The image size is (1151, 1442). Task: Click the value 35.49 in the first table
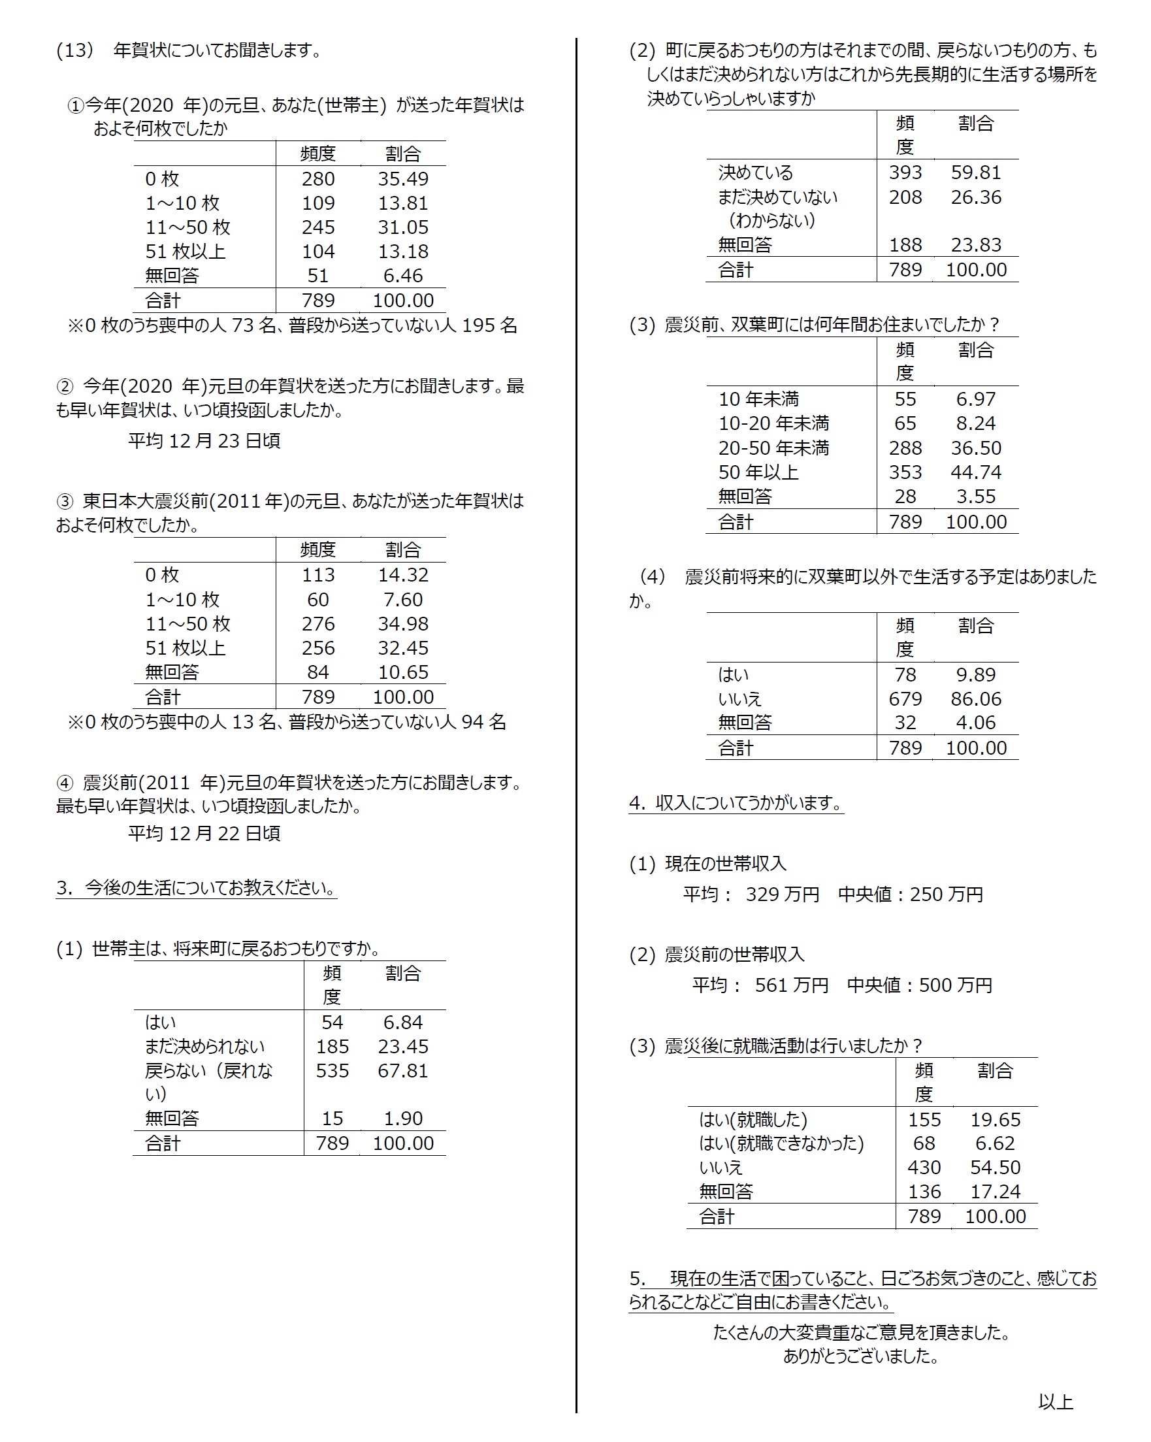pos(402,179)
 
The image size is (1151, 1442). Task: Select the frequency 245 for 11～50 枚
pos(317,227)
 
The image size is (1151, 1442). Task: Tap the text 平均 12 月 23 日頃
pos(204,441)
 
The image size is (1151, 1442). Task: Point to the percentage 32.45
pos(402,648)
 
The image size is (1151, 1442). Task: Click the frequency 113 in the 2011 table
pos(317,575)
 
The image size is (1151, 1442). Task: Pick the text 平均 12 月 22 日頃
pos(204,833)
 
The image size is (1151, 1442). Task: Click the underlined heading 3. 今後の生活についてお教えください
pos(196,888)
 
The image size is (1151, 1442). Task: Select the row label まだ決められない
pos(204,1047)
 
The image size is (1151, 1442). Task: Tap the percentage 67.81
pos(402,1071)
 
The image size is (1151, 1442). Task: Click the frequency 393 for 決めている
pos(905,172)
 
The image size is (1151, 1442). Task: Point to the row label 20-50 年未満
pos(773,448)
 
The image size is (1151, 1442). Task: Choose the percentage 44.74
pos(976,472)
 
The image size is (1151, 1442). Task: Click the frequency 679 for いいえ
pos(905,699)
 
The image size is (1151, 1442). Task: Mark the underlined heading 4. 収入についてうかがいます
pos(736,802)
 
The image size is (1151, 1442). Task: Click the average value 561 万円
pos(791,985)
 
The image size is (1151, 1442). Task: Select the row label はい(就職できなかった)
pos(781,1143)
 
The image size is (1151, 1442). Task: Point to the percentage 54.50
pos(995,1167)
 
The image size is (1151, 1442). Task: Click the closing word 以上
pos(1056,1402)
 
